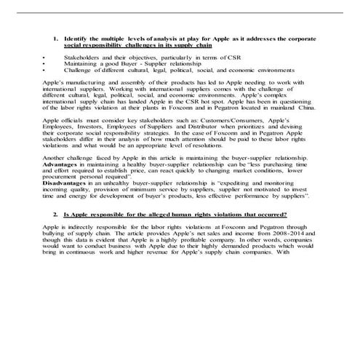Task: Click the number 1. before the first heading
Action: point(56,38)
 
